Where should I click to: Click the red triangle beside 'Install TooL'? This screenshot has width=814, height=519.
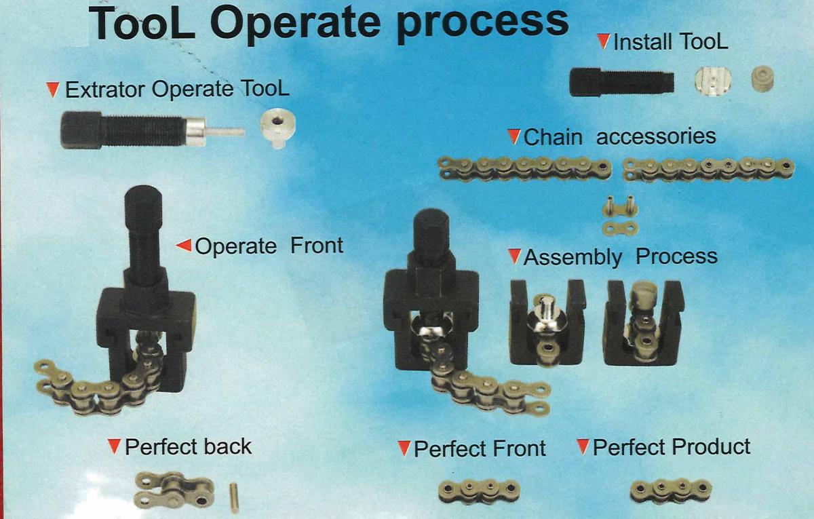point(604,41)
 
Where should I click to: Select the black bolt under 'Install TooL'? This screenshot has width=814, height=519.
point(622,82)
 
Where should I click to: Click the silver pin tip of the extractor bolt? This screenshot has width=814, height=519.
point(226,132)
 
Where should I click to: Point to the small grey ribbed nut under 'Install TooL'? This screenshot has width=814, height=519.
point(762,79)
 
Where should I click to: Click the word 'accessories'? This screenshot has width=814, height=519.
point(656,136)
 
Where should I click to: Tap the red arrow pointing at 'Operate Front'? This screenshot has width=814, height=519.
point(184,246)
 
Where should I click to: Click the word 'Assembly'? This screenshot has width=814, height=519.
point(573,257)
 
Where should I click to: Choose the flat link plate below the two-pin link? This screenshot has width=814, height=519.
point(620,229)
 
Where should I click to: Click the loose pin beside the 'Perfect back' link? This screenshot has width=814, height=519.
point(234,497)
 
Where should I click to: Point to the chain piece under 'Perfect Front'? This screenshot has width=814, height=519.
point(480,491)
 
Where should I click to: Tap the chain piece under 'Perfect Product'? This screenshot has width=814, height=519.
point(671,491)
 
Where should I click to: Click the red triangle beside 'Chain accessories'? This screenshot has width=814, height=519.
point(514,136)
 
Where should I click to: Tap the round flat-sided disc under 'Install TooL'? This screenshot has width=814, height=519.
point(713,82)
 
